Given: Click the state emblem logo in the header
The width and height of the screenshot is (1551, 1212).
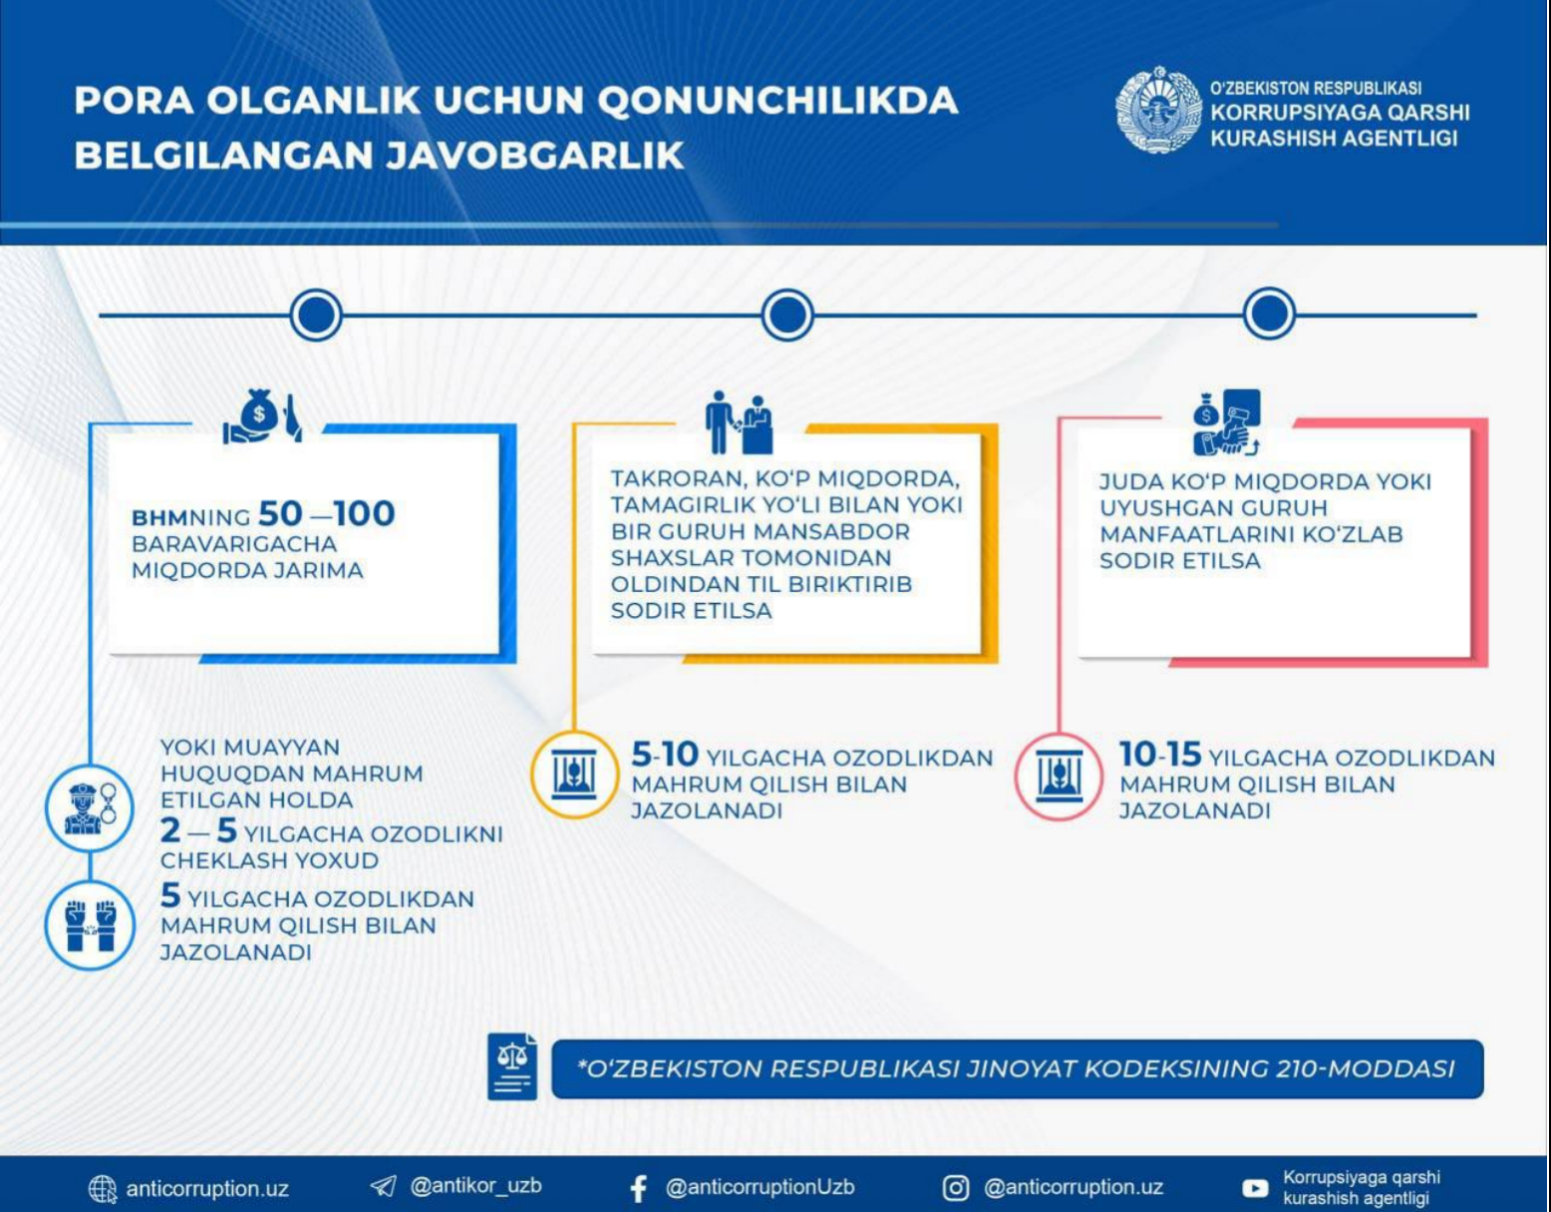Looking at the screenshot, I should pos(1157,111).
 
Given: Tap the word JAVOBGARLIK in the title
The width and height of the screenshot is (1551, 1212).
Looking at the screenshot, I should pos(534,155).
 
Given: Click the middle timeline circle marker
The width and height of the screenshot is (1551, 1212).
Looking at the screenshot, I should pos(787,315).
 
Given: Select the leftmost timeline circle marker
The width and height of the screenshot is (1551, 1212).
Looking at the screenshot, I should pos(316,315).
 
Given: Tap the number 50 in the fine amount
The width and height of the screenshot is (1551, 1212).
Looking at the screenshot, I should pos(280,513).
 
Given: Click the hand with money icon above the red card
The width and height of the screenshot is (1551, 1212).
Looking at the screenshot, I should pos(1226,422).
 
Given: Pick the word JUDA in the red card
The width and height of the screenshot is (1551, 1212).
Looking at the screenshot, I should pos(1131,482).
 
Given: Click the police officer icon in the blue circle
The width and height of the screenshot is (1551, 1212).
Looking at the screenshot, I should pos(90,807).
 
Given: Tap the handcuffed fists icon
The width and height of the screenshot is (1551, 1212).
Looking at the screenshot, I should pos(90,926).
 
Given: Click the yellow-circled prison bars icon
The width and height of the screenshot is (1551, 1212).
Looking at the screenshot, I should pos(574,774).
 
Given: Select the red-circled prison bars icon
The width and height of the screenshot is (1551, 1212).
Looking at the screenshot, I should pos(1059,774).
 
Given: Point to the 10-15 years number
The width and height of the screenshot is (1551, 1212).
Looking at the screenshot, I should pos(1159,755).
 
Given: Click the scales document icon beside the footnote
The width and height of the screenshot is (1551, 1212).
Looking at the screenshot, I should pos(512,1067).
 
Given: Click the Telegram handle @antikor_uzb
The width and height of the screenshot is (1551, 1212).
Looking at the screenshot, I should pos(475,1186).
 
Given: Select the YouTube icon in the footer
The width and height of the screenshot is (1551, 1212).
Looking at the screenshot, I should pos(1255,1188).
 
